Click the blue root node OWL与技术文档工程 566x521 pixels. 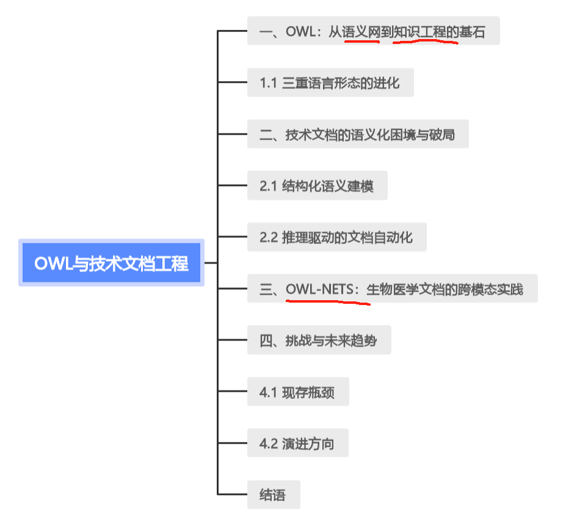tap(111, 263)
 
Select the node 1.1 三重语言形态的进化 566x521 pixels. tap(330, 82)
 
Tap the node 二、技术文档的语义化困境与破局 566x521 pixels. tap(358, 134)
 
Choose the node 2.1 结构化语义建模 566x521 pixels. tap(317, 185)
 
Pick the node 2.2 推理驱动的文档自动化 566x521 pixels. tap(336, 237)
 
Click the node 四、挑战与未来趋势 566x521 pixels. tap(319, 340)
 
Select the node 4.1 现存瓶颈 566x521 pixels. tap(298, 392)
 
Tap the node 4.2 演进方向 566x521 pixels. tap(297, 443)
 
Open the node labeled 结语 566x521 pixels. tap(274, 495)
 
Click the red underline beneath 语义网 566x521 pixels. tap(361, 42)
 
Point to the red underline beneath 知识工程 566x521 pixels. tap(425, 43)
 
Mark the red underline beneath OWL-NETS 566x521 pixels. tap(327, 301)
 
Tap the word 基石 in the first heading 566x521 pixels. tap(473, 31)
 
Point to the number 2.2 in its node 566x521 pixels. tap(269, 237)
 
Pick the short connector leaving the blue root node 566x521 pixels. tap(211, 263)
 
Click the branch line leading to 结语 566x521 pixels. tap(232, 494)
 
